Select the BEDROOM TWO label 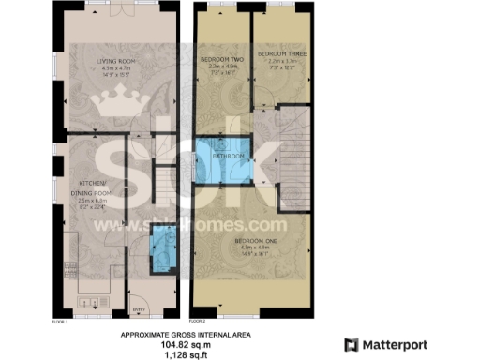pos(222,60)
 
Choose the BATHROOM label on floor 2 pos(230,157)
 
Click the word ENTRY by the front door pos(137,307)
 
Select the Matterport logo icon pos(352,344)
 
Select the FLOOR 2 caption pos(199,319)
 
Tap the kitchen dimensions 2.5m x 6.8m pos(93,201)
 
